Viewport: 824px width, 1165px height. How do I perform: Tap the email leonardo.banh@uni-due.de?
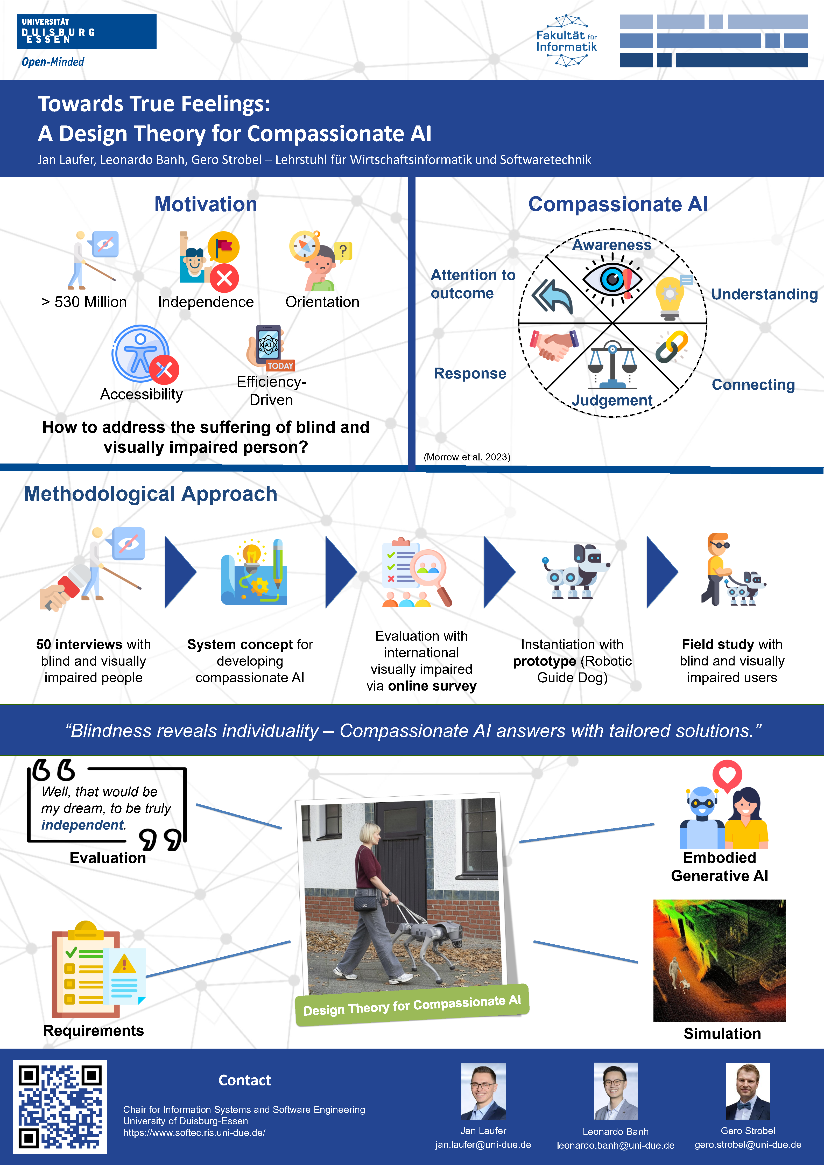tap(615, 1145)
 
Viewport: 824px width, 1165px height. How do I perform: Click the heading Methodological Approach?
tap(151, 494)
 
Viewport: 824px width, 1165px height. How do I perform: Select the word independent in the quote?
tap(82, 825)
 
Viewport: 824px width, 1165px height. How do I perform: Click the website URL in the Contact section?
tap(194, 1133)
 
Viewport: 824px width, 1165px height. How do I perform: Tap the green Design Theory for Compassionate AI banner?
tap(412, 1005)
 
